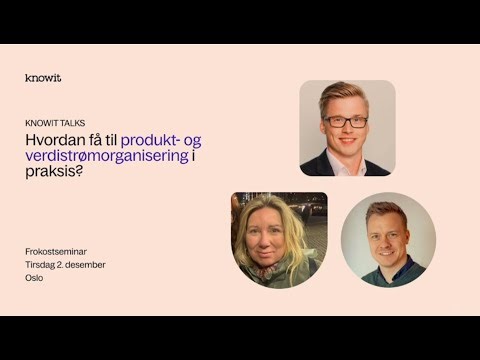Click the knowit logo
(43, 77)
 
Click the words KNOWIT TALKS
(55, 123)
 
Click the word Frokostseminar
(56, 250)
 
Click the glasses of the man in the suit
(345, 120)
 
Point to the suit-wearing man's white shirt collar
(345, 160)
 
